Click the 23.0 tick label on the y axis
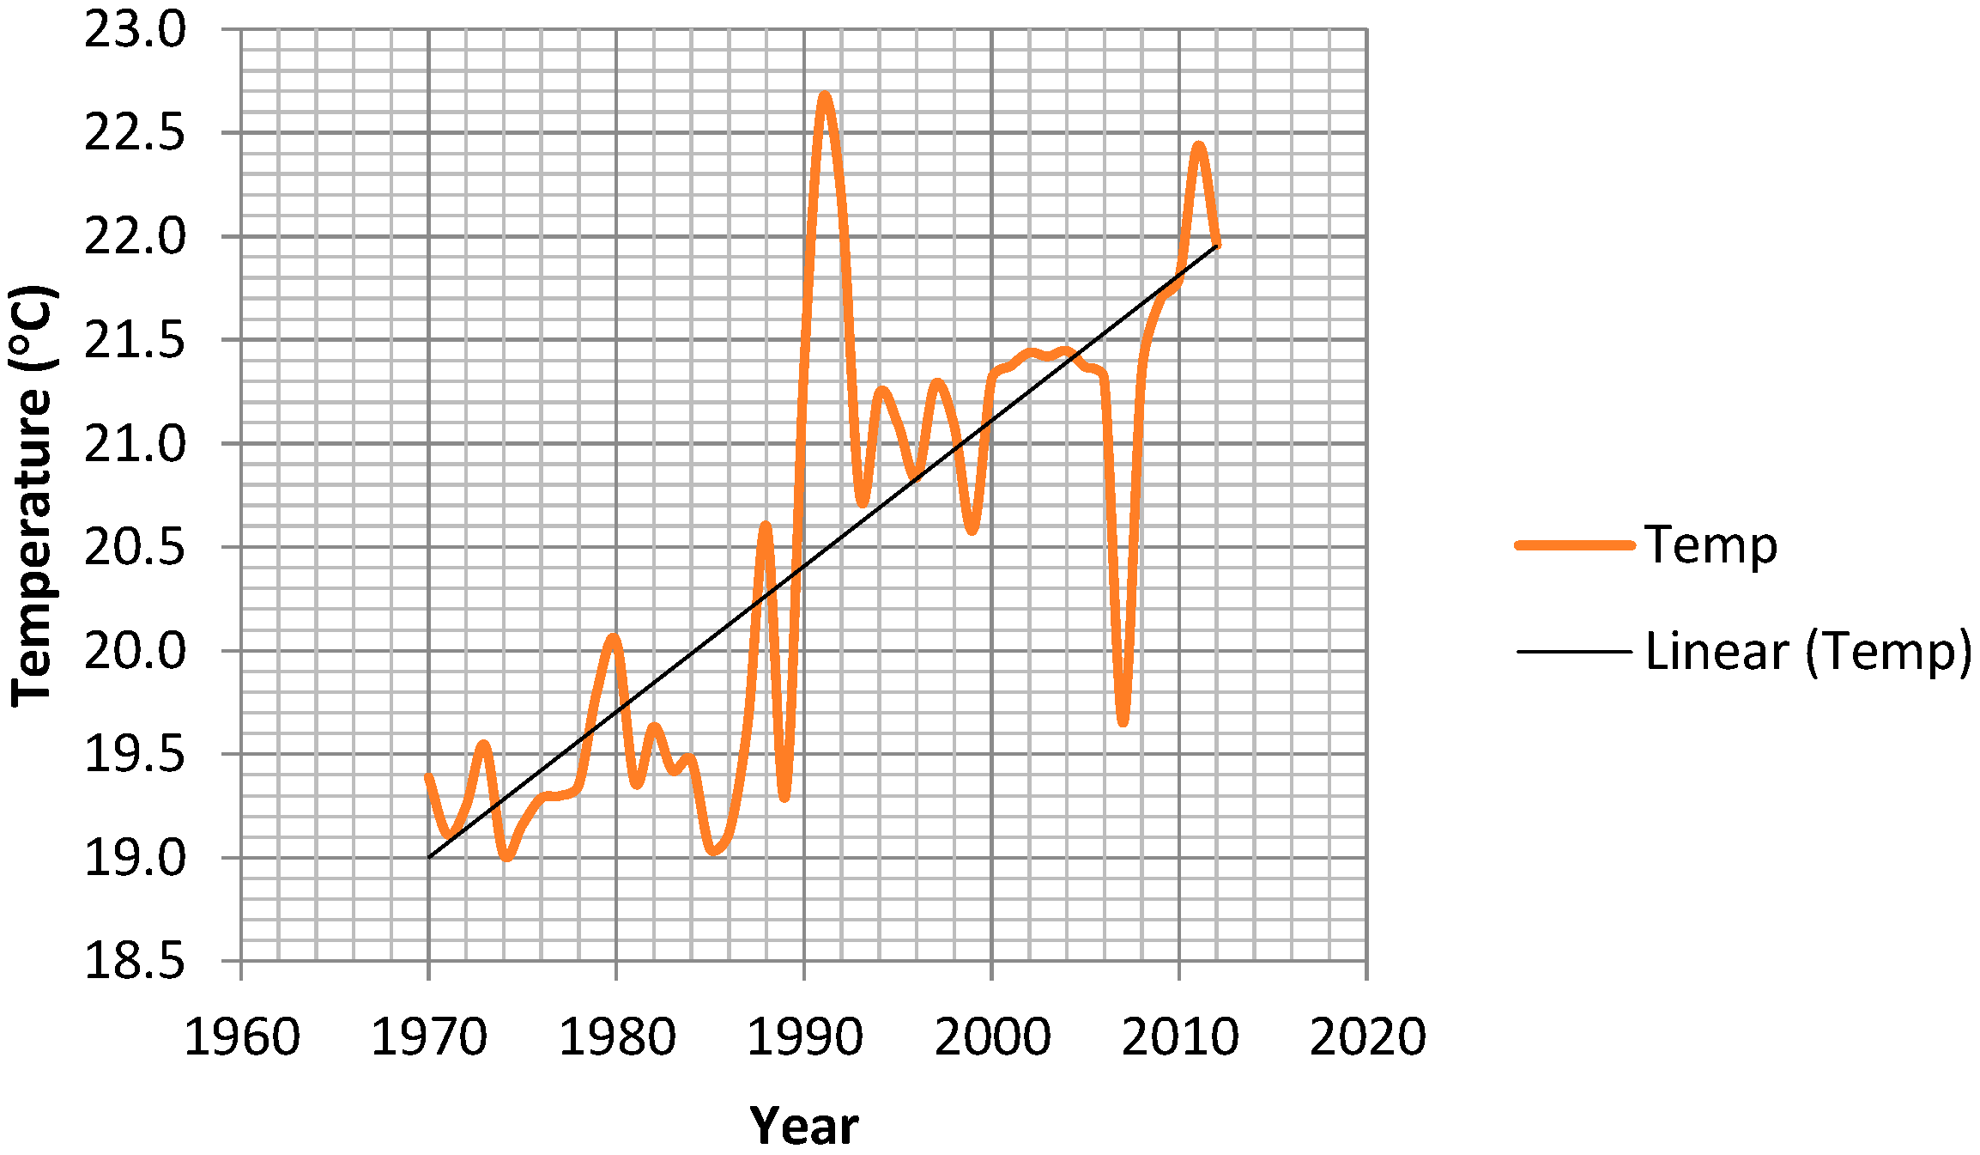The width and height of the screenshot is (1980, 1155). [x=135, y=31]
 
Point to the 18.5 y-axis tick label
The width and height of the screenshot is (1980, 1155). [x=135, y=961]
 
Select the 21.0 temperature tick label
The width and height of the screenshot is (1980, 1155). [x=135, y=445]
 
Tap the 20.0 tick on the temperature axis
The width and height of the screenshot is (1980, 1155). [x=135, y=651]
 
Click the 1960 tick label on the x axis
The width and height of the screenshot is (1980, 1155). [x=242, y=1037]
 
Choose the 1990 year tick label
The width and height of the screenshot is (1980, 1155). [x=804, y=1037]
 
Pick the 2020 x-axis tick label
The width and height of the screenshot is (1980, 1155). [x=1367, y=1037]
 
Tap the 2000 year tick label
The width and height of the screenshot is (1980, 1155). [x=992, y=1037]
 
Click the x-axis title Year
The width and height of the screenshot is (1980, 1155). [x=803, y=1126]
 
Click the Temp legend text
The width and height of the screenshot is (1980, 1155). [x=1711, y=545]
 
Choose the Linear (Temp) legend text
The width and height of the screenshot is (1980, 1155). [x=1808, y=652]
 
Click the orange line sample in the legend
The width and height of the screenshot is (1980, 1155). [x=1575, y=545]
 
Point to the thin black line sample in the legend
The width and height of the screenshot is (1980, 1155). [x=1575, y=652]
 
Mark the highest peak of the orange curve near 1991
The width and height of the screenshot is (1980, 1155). [x=825, y=96]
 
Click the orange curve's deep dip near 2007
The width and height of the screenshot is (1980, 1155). [x=1123, y=722]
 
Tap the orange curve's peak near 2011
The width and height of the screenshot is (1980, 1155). [x=1199, y=147]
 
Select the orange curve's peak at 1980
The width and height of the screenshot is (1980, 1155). [x=613, y=638]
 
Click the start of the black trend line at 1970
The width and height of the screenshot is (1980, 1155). [x=429, y=857]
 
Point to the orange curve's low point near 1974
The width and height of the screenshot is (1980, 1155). [x=506, y=856]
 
